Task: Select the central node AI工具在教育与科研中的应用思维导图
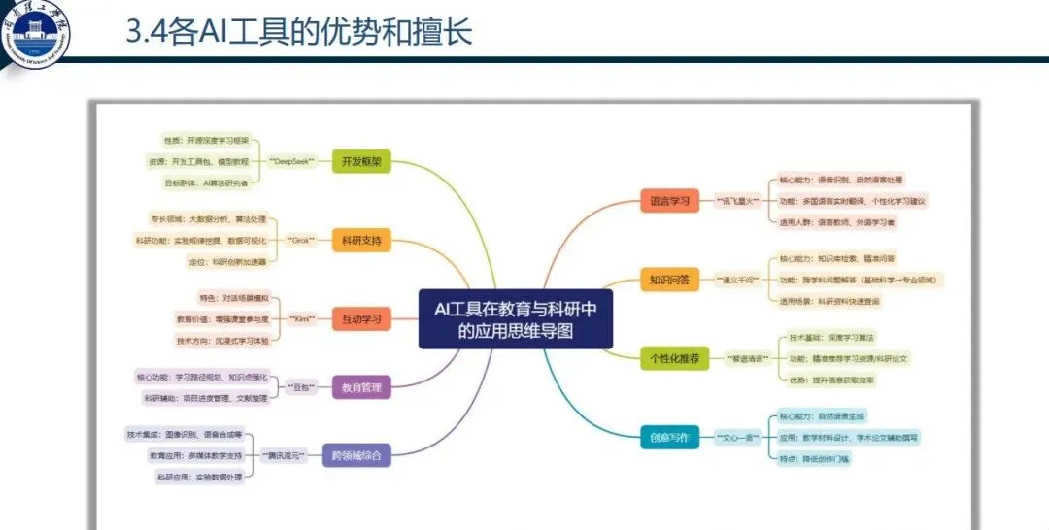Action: (516, 318)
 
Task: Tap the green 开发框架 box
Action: (360, 160)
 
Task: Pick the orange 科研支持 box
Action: (361, 240)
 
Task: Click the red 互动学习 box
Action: (361, 318)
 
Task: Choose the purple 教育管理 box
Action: (361, 388)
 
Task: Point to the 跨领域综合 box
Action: (356, 454)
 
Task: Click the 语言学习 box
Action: (669, 202)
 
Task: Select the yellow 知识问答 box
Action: (669, 281)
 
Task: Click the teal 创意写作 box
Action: (669, 438)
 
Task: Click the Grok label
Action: (301, 240)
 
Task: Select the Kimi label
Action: (306, 318)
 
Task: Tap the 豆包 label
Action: (303, 388)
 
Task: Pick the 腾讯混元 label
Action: (284, 454)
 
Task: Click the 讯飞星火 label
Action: (737, 202)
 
